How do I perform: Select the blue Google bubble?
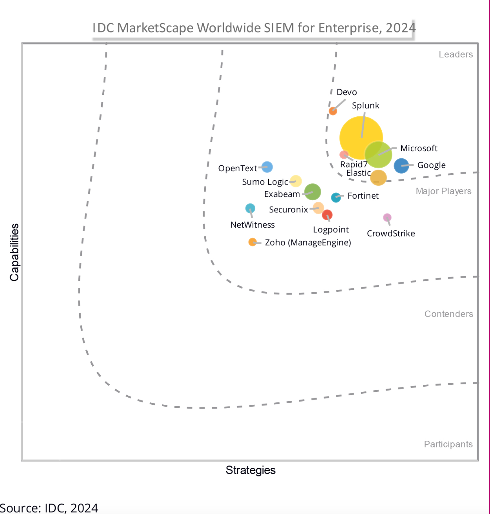coord(401,166)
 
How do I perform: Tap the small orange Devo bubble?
coord(333,111)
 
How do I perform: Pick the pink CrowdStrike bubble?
coord(387,217)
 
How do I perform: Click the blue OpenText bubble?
coord(267,167)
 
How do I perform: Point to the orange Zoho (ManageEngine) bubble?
coord(252,242)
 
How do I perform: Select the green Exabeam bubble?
coord(312,192)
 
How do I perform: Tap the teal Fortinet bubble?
coord(336,197)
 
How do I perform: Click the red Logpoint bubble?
coord(327,215)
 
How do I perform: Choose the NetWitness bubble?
coord(250,208)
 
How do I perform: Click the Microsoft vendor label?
coord(419,148)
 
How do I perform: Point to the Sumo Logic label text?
coord(265,182)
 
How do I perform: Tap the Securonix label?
coord(289,210)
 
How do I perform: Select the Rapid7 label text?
coord(354,165)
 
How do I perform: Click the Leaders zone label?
coord(456,54)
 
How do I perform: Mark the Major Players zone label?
coord(443,191)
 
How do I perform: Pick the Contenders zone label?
coord(448,314)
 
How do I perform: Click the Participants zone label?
coord(448,444)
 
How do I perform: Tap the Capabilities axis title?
coord(15,252)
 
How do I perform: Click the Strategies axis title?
coord(250,470)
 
